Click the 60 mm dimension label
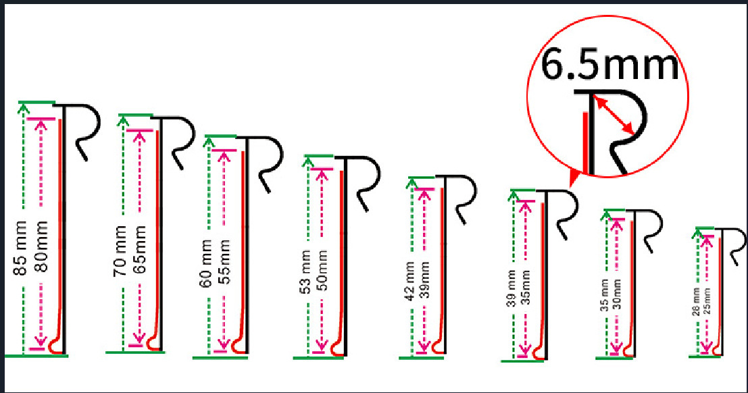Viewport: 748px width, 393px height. pos(207,263)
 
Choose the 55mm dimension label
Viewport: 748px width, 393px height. pos(224,263)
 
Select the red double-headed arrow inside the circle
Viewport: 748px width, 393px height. pos(614,115)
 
